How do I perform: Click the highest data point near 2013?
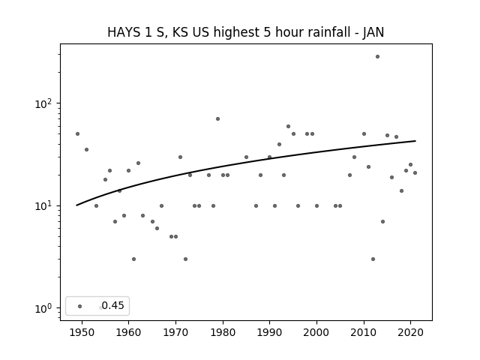[x=377, y=57]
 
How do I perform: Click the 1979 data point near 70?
[x=217, y=118]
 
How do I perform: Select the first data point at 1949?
[x=77, y=133]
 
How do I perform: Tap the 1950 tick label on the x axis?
[x=82, y=332]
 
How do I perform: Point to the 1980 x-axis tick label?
[x=223, y=332]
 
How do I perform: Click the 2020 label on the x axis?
[x=410, y=332]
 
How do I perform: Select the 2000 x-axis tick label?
[x=316, y=332]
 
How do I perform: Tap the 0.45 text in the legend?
[x=112, y=305]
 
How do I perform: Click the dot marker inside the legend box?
[x=80, y=306]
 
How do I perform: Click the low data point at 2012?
[x=373, y=259]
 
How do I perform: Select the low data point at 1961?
[x=133, y=259]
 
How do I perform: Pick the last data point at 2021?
[x=415, y=172]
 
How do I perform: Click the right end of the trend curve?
[x=415, y=141]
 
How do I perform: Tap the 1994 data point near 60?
[x=288, y=127]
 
